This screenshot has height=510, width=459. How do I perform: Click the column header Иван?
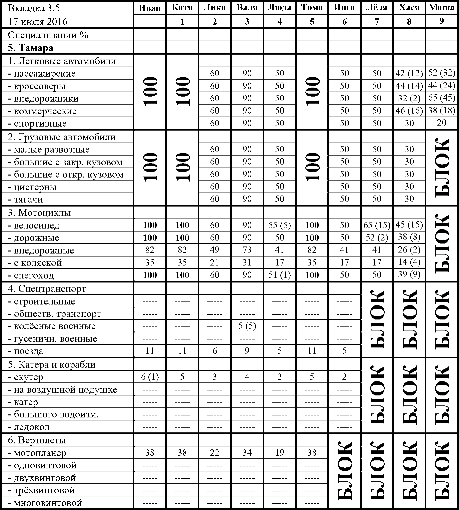[x=150, y=8]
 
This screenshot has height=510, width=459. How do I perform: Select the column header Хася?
[x=409, y=8]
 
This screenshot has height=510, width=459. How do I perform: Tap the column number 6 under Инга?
[x=344, y=22]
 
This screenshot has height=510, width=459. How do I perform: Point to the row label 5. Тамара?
[x=31, y=48]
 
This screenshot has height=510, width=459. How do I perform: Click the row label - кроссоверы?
[x=37, y=86]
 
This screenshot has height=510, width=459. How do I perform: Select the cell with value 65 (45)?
[x=442, y=98]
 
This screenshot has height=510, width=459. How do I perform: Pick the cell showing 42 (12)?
[x=409, y=73]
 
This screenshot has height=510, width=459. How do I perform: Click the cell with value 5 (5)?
[x=247, y=326]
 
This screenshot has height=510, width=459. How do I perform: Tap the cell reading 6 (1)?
[x=150, y=377]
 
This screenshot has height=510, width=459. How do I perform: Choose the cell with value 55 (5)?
[x=279, y=226]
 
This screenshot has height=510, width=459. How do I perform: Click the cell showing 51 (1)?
[x=279, y=275]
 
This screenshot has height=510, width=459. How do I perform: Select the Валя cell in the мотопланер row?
[x=247, y=453]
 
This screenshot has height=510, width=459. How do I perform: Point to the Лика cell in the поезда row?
[x=215, y=351]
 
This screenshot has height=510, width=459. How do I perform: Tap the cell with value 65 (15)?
[x=377, y=226]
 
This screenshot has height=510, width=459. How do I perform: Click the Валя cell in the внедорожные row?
[x=247, y=250]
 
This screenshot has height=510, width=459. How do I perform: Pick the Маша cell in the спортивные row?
[x=442, y=123]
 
